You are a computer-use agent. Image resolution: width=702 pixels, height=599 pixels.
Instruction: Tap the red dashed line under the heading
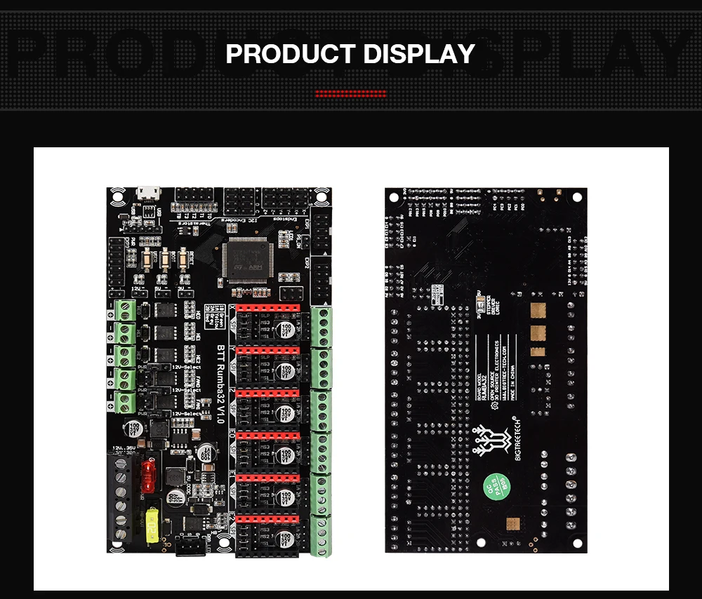point(350,93)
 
